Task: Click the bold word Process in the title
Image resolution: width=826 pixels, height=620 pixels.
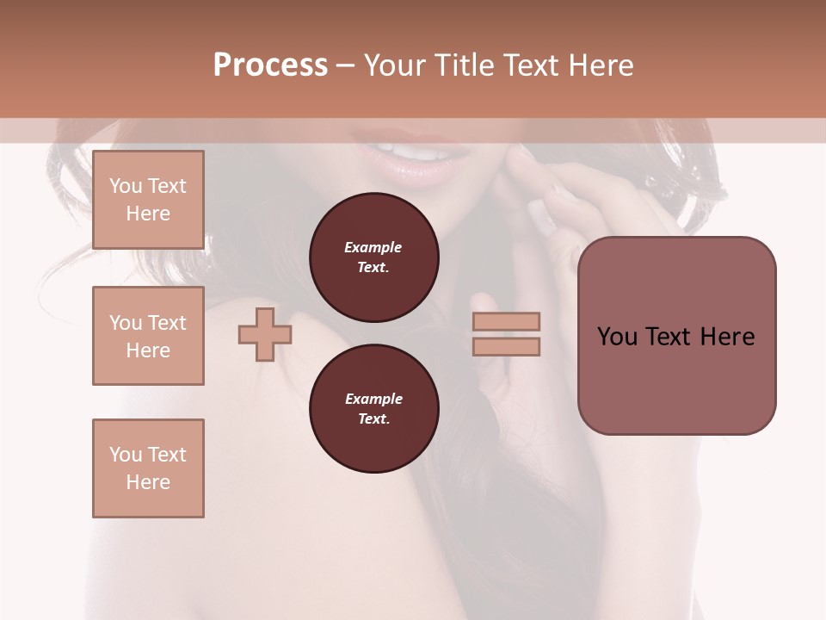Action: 270,65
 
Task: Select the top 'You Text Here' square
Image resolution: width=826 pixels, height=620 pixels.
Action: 148,200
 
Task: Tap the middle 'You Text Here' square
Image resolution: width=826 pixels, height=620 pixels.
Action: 148,336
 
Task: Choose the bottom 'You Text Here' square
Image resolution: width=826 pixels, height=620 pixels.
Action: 148,468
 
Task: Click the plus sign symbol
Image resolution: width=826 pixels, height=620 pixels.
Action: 265,335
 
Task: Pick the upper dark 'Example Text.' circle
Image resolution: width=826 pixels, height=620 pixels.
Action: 373,257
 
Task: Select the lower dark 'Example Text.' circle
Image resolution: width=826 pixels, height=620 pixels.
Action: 373,408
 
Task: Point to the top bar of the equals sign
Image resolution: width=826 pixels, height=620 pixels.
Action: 506,322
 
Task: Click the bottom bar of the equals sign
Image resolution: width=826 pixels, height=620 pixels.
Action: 506,346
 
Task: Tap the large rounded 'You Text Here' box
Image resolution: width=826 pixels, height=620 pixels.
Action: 676,335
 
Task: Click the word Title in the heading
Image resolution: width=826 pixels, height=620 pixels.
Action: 466,65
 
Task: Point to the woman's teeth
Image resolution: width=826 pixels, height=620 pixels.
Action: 423,152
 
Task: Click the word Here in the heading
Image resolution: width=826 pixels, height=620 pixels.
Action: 601,65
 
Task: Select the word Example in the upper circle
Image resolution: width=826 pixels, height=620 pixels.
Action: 373,247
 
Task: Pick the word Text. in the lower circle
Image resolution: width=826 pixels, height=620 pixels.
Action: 373,418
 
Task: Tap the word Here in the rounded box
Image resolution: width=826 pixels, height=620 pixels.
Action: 727,336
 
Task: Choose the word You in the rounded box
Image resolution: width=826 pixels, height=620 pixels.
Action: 617,336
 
